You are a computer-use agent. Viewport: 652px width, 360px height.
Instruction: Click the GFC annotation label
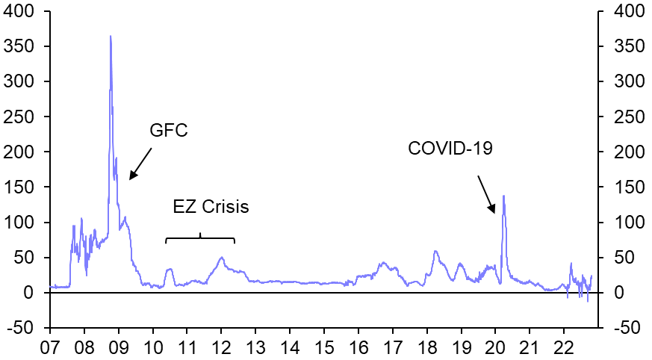click(169, 131)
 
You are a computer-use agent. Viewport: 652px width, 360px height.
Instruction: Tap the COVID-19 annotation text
click(450, 148)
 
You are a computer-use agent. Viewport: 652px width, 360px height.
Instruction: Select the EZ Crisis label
click(211, 208)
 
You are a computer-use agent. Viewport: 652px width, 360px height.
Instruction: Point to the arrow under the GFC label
click(140, 163)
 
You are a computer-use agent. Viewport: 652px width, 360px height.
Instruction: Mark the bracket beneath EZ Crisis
click(200, 239)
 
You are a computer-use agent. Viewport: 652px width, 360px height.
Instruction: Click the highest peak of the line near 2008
click(111, 36)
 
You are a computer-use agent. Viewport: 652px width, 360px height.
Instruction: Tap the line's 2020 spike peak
click(503, 196)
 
